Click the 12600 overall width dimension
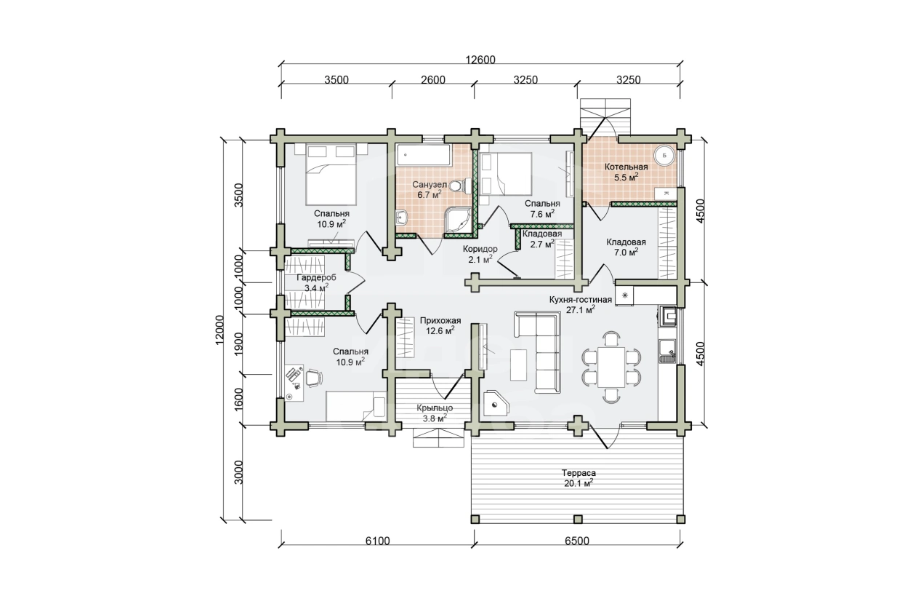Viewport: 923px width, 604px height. coord(480,60)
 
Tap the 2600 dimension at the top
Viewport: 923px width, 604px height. coord(433,79)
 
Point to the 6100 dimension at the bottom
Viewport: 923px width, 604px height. coord(377,541)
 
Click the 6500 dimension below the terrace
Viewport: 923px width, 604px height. coord(577,541)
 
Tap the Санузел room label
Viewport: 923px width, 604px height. coord(430,184)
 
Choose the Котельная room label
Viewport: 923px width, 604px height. coord(626,167)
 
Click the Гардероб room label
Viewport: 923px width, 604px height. coord(316,277)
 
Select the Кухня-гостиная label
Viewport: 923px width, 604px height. coord(581,299)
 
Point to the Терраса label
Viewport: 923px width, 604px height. coord(579,473)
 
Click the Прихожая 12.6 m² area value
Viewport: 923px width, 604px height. coord(440,330)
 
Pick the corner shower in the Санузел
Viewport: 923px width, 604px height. coord(457,220)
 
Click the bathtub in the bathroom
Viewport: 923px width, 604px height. coord(423,156)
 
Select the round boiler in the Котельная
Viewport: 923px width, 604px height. coord(664,156)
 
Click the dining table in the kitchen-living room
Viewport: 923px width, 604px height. coord(611,367)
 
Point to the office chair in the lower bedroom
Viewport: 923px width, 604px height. coord(313,378)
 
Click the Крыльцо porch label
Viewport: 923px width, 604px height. coord(435,408)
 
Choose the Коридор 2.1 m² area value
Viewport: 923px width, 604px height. coord(480,260)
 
